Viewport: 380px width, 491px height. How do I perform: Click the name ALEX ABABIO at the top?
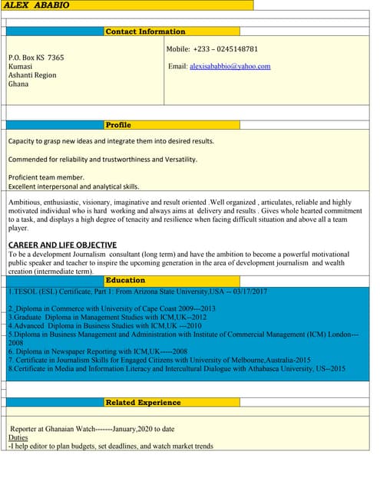(x=37, y=5)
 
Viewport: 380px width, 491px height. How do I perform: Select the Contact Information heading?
(x=145, y=31)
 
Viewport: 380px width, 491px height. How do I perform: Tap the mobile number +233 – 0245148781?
(x=225, y=49)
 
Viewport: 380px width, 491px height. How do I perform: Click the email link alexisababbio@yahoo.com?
(x=230, y=67)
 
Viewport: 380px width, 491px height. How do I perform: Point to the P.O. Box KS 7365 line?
(x=36, y=58)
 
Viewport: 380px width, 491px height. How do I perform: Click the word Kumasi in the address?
(x=20, y=67)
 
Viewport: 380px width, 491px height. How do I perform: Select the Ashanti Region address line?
(x=32, y=75)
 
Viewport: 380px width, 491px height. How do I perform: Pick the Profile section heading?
(x=118, y=124)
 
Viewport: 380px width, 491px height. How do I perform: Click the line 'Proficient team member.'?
(x=46, y=177)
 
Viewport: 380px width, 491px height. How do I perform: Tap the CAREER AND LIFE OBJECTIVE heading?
(x=62, y=245)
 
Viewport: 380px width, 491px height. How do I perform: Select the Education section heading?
(x=125, y=280)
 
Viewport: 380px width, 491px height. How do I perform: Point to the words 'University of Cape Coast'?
(x=147, y=308)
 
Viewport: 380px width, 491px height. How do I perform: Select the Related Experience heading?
(x=144, y=402)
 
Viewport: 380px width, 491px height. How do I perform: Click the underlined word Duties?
(x=18, y=437)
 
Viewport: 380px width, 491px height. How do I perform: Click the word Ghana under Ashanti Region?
(x=18, y=84)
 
